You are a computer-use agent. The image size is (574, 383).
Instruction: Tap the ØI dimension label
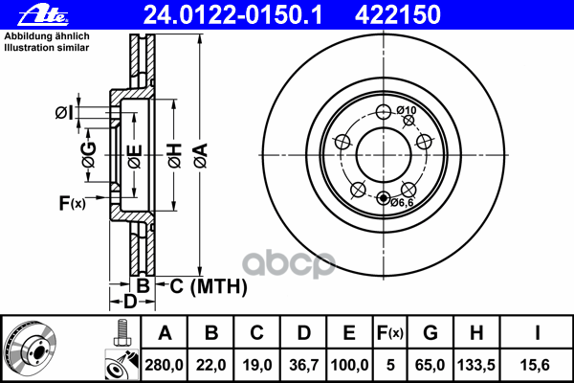click(63, 113)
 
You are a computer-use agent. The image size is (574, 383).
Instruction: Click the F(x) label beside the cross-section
click(73, 202)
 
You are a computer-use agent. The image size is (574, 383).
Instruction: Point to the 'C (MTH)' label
click(208, 285)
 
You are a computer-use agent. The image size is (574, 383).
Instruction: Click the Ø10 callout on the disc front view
click(408, 111)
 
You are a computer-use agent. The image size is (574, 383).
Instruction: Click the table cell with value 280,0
click(165, 364)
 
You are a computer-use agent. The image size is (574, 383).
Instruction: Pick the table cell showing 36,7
click(303, 364)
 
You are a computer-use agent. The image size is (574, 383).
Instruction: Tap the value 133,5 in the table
click(475, 364)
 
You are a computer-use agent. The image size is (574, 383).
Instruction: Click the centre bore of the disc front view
click(383, 153)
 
